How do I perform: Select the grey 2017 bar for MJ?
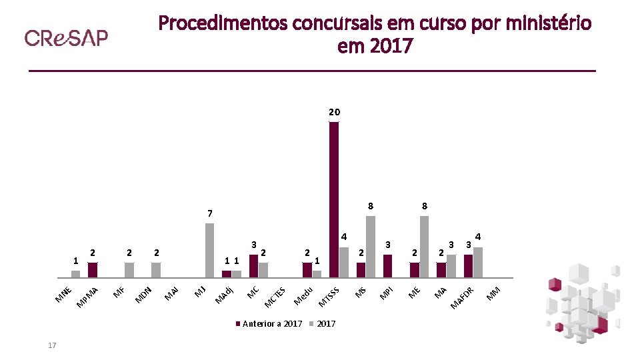pyautogui.click(x=209, y=250)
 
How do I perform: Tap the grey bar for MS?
pyautogui.click(x=371, y=247)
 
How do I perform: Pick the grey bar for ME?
pyautogui.click(x=424, y=247)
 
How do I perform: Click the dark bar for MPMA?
pyautogui.click(x=93, y=270)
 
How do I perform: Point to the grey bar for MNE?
pyautogui.click(x=75, y=273)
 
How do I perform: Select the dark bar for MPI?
pyautogui.click(x=388, y=266)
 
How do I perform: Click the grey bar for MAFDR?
pyautogui.click(x=477, y=263)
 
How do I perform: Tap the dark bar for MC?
pyautogui.click(x=253, y=266)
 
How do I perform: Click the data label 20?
pyautogui.click(x=334, y=111)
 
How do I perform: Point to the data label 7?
pyautogui.click(x=209, y=213)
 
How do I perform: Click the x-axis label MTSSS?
pyautogui.click(x=330, y=297)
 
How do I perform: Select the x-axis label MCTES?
pyautogui.click(x=275, y=297)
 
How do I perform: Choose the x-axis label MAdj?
pyautogui.click(x=224, y=294)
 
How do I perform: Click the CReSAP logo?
pyautogui.click(x=66, y=38)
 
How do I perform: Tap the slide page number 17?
pyautogui.click(x=52, y=345)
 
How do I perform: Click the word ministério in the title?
pyautogui.click(x=547, y=24)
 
